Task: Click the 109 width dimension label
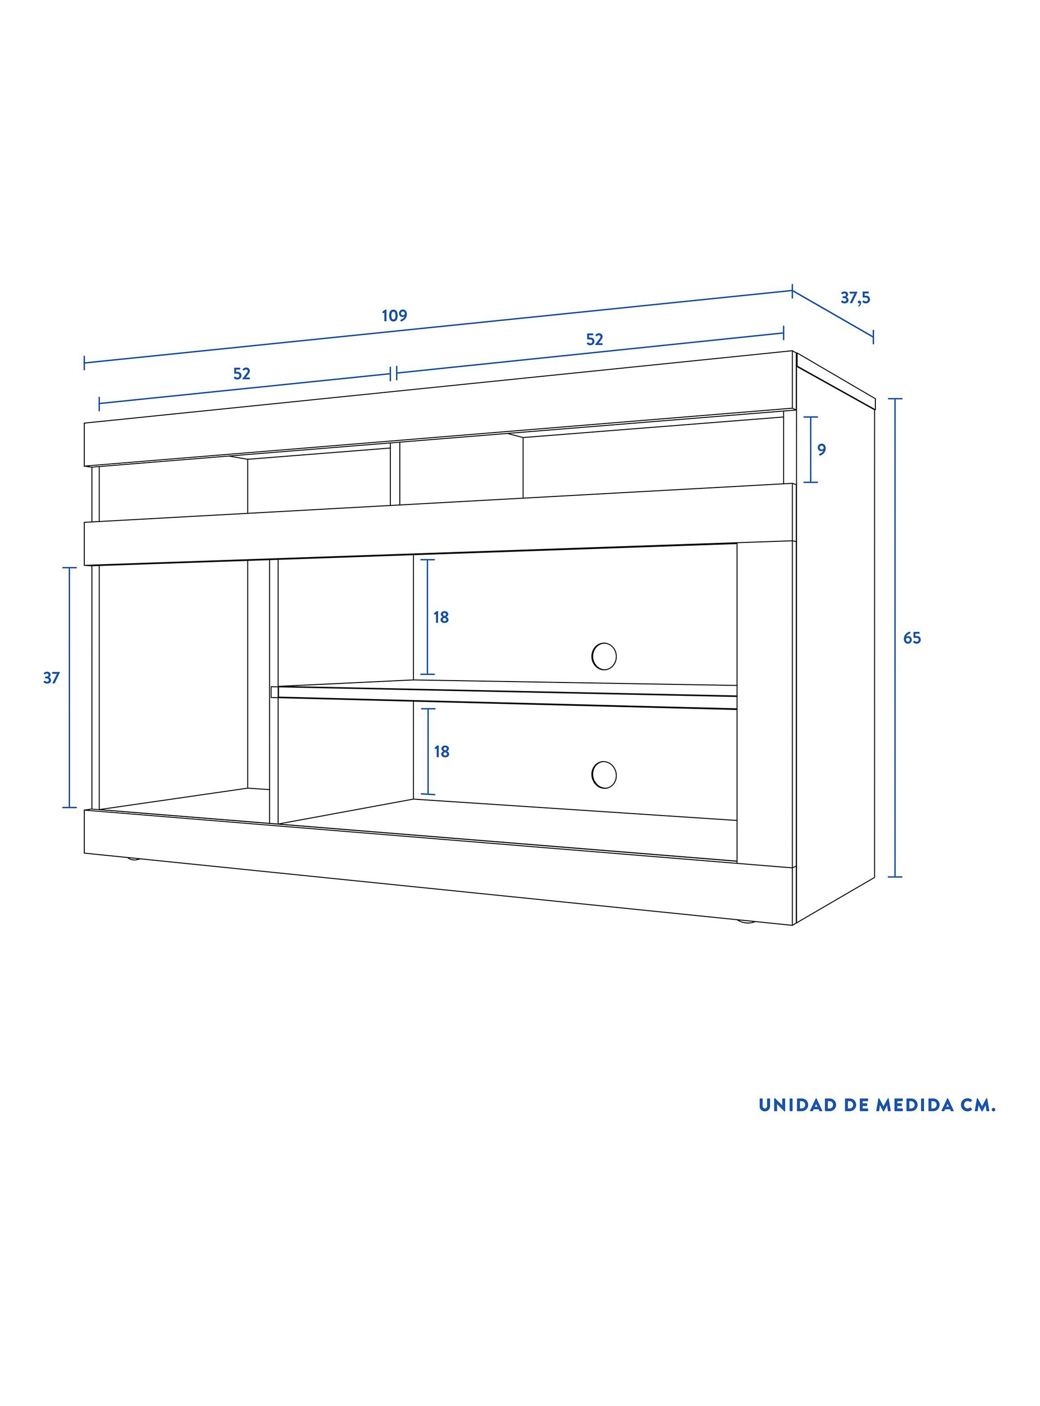tap(395, 316)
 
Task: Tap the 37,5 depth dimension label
tap(856, 298)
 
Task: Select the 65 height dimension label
tap(912, 638)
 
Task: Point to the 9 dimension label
tap(821, 449)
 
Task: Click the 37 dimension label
tap(52, 678)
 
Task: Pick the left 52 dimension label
tap(242, 374)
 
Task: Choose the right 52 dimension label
tap(595, 339)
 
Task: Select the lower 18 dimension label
tap(442, 752)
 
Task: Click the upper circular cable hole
tap(604, 657)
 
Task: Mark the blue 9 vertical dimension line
tap(811, 449)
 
